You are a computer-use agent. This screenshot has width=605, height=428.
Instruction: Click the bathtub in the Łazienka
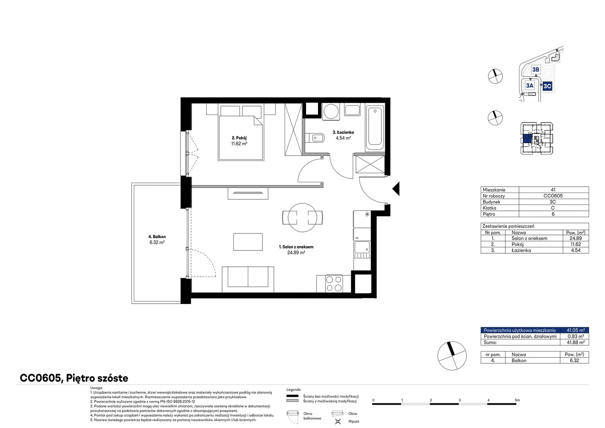[x=375, y=128]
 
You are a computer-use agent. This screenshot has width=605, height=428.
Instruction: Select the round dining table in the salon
[x=302, y=218]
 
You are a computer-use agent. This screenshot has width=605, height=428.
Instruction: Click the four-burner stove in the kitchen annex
[x=334, y=283]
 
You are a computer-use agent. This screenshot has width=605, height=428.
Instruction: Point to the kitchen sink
[x=362, y=247]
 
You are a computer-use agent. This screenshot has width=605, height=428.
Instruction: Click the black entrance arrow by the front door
[x=396, y=189]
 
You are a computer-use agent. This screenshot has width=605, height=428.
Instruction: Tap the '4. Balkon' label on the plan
[x=157, y=237]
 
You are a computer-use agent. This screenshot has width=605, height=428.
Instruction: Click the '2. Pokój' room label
[x=239, y=138]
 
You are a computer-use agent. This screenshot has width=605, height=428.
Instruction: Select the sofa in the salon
[x=248, y=279]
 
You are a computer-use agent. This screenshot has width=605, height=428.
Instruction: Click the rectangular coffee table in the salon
[x=248, y=242]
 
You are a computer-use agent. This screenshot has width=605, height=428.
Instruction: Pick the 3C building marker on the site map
[x=547, y=86]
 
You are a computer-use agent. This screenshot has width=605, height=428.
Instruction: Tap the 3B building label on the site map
[x=536, y=69]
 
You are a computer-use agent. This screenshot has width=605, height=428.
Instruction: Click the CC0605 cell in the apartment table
[x=553, y=196]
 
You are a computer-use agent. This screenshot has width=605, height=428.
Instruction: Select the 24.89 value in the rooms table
[x=576, y=238]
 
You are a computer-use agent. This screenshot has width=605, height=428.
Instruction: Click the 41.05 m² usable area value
[x=576, y=330]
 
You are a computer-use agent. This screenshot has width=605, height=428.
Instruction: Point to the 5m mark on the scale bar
[x=517, y=400]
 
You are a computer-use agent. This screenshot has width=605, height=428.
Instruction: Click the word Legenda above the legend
[x=293, y=390]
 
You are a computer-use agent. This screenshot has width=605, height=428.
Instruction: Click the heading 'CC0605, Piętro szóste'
[x=74, y=378]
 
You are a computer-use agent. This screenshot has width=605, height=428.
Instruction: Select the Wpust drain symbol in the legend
[x=338, y=421]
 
